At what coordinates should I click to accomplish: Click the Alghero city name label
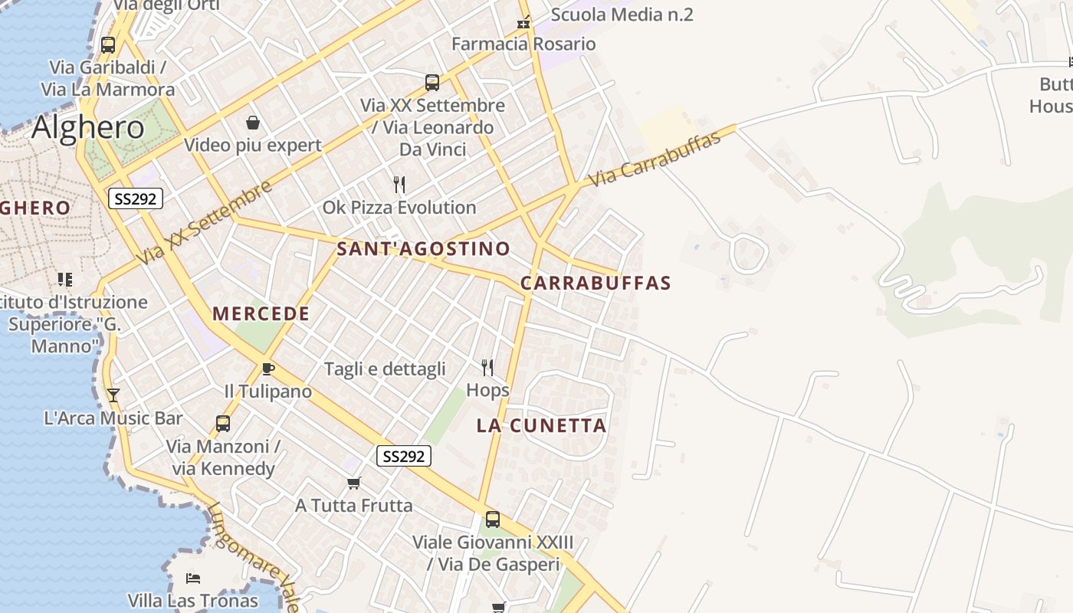pos(88,126)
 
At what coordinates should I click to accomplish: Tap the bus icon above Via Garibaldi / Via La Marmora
pos(108,44)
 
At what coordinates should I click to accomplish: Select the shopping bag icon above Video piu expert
pos(252,123)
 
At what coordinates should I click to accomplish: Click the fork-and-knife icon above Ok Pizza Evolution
pos(399,184)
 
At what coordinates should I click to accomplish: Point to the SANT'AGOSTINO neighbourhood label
pos(423,248)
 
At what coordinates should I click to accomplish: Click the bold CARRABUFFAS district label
pos(596,283)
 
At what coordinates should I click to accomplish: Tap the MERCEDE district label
pos(261,313)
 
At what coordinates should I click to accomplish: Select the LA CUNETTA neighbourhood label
pos(541,425)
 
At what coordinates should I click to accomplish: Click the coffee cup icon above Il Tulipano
pos(267,369)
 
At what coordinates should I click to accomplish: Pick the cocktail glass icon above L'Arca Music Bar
pos(113,395)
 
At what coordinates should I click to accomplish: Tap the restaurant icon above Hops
pos(487,368)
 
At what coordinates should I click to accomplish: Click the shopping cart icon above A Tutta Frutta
pos(353,483)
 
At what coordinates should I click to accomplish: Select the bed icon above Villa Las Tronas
pos(193,578)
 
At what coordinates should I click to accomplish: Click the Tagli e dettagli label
pos(385,369)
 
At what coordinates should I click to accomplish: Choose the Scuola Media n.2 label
pos(622,14)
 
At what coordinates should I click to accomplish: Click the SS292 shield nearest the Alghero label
pos(136,199)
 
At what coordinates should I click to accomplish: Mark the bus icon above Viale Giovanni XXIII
pos(493,520)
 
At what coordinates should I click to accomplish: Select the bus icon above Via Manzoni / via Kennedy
pos(223,423)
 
